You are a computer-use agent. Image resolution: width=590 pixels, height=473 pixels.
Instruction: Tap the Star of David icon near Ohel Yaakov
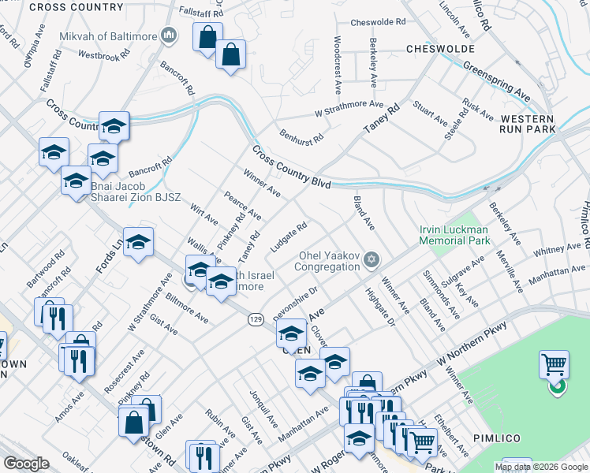click(372, 260)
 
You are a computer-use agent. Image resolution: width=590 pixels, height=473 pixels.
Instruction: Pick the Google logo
click(27, 464)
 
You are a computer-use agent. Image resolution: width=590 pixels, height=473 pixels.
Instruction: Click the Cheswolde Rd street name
click(377, 23)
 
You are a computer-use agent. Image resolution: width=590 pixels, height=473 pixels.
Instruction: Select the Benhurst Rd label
click(301, 132)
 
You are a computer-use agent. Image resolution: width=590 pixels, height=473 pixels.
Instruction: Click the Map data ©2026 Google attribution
click(542, 467)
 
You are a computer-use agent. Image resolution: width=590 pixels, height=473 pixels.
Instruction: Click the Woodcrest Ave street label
click(338, 60)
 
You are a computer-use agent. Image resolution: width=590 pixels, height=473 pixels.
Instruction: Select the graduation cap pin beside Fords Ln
click(138, 244)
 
